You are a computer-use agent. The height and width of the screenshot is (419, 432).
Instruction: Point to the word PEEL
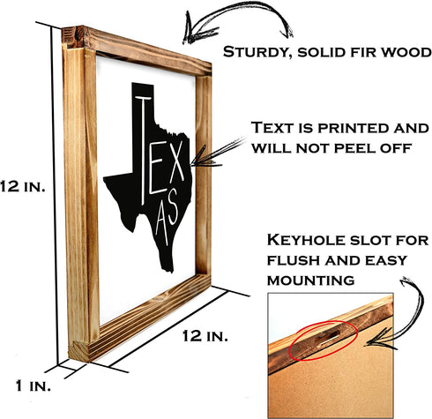[355, 148]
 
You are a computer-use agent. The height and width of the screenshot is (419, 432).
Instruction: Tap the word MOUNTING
[310, 281]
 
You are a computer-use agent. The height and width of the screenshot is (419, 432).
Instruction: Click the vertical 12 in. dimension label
[23, 186]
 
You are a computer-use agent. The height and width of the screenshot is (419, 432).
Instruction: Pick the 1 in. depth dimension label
[34, 385]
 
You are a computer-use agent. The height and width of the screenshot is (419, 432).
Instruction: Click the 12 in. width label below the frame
[205, 335]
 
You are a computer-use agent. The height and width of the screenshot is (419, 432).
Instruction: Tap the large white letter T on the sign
[143, 150]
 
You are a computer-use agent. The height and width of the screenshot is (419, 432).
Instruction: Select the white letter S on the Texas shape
[172, 206]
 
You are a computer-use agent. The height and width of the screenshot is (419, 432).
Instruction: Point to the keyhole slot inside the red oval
[327, 339]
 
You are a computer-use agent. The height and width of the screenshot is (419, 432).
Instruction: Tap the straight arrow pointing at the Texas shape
[218, 153]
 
